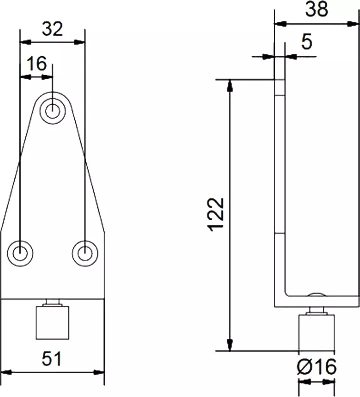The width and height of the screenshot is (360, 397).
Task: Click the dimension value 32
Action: coord(52,30)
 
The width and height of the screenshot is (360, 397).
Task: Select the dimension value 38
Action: coord(317,9)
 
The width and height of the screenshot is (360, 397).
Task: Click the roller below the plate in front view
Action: coord(52,323)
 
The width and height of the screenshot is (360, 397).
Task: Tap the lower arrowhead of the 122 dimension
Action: coord(230,346)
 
